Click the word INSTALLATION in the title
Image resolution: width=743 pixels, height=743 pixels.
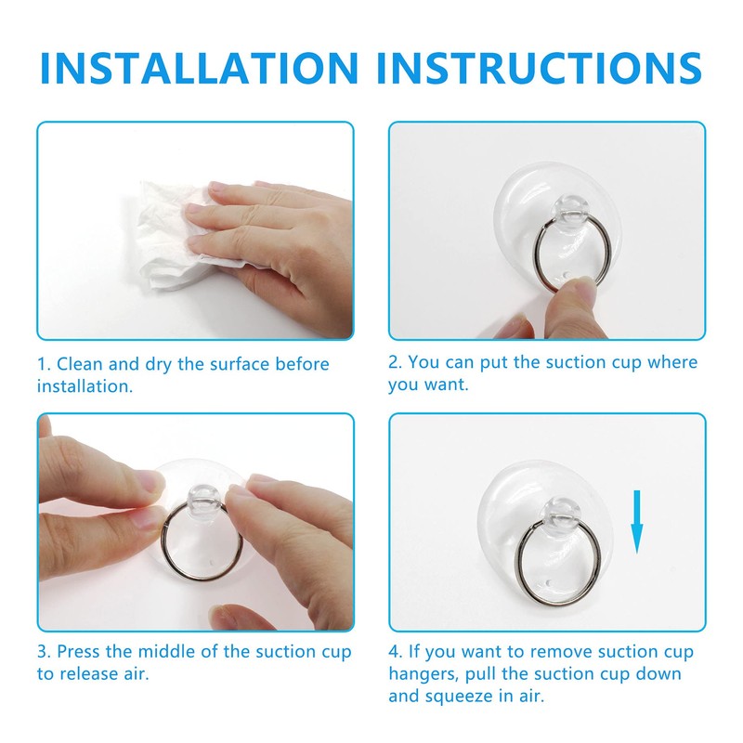tap(198, 69)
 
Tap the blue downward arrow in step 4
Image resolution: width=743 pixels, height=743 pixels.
tap(637, 526)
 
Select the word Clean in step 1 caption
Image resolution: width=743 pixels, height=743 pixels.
tap(81, 364)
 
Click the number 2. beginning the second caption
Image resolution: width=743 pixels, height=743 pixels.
tap(397, 362)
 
